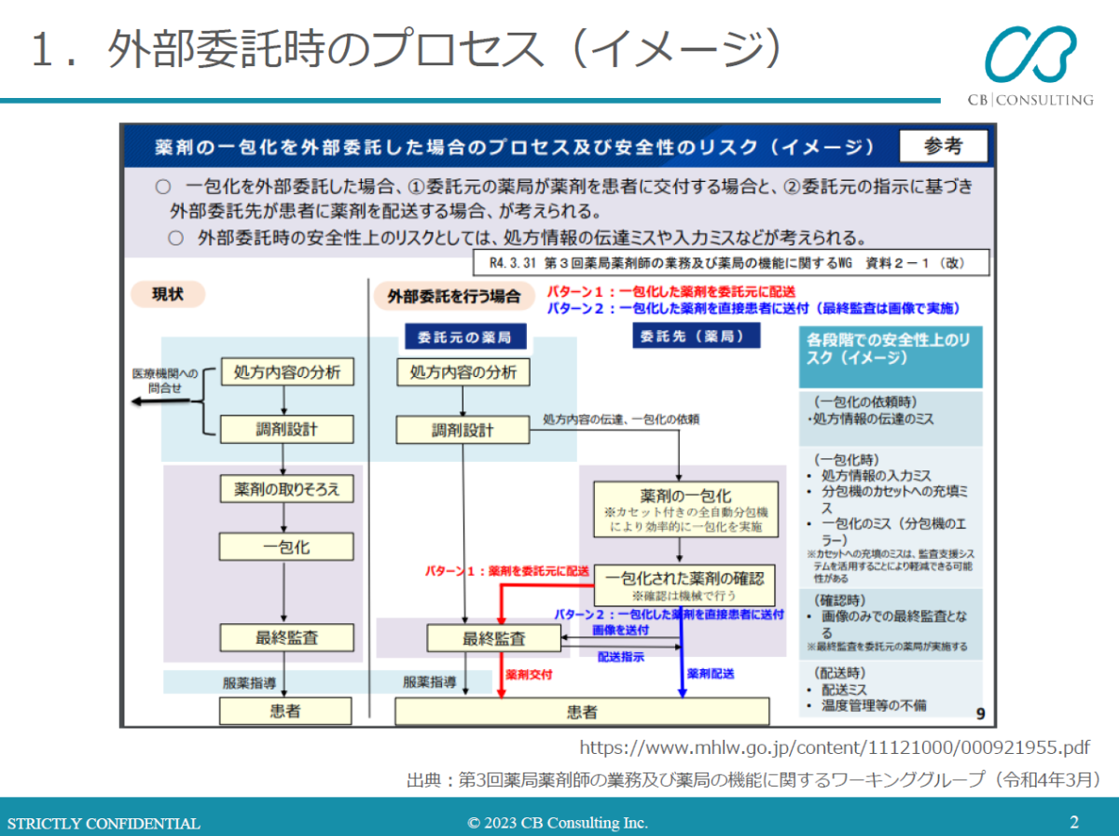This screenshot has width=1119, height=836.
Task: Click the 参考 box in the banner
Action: click(x=943, y=146)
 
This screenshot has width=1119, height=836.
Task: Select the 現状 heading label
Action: click(x=167, y=295)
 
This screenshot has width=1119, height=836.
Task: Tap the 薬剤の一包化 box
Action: click(x=685, y=509)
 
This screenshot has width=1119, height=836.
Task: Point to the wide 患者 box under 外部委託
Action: click(x=582, y=712)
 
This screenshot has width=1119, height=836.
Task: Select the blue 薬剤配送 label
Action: click(x=711, y=673)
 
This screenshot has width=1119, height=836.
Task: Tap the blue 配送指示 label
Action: click(x=620, y=657)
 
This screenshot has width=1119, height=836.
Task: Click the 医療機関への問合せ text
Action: click(x=164, y=381)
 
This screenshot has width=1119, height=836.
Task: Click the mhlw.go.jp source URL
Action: click(x=835, y=747)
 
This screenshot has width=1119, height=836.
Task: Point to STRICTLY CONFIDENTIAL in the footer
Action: click(x=104, y=823)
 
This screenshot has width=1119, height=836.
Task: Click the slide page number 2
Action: click(x=1074, y=822)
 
